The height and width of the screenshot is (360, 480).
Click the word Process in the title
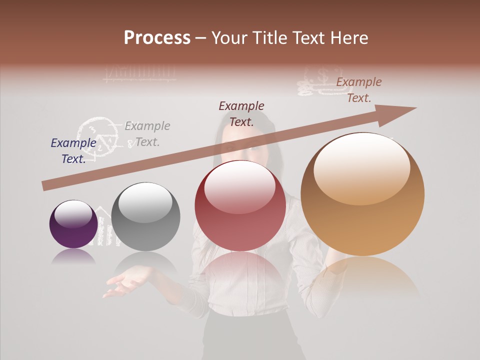[x=157, y=38]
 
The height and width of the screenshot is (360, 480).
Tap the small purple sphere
[x=73, y=224]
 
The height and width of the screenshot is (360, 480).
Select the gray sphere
[x=145, y=216]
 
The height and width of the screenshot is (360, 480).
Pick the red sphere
[x=240, y=205]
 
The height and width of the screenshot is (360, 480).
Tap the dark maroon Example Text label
[x=241, y=113]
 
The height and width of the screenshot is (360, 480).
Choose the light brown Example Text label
[x=359, y=90]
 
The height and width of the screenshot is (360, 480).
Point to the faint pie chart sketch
[x=97, y=135]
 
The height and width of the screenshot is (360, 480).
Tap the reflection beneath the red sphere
[x=240, y=270]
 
